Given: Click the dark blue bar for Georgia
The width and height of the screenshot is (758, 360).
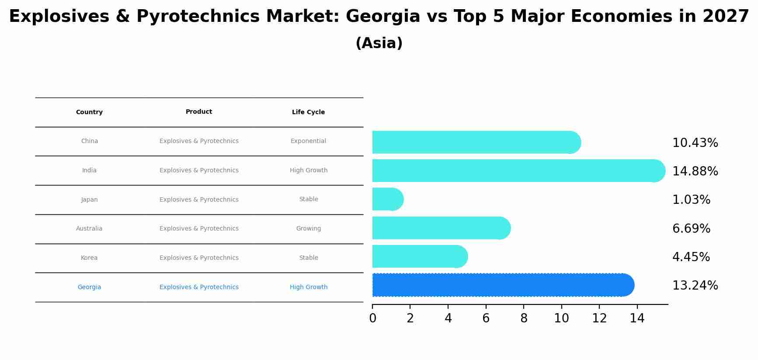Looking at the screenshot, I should click(x=503, y=285).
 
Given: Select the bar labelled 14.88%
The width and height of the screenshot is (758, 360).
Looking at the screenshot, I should click(x=518, y=171).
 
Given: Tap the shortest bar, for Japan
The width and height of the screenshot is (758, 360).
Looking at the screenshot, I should click(x=387, y=199).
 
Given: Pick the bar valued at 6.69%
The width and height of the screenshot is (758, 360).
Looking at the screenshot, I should click(x=441, y=228).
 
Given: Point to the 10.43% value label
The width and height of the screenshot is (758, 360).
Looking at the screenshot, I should click(x=695, y=143).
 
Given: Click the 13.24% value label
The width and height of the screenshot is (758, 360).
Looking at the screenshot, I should click(x=695, y=286).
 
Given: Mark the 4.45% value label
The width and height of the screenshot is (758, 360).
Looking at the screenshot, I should click(x=691, y=257).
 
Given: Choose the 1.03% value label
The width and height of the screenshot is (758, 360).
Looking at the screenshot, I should click(x=691, y=200).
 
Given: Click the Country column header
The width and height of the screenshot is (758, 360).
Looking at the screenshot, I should click(x=89, y=112).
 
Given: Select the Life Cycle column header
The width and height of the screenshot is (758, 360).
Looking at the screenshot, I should click(x=308, y=112).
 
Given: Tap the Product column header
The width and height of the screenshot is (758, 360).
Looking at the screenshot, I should click(x=199, y=112).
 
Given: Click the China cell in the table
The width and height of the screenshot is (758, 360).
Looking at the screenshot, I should click(x=90, y=141).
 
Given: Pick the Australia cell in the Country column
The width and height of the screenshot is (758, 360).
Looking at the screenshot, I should click(x=89, y=228).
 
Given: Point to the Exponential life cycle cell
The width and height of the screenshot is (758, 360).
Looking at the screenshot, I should click(x=308, y=141).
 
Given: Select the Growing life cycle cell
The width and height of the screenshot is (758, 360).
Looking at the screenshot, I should click(x=308, y=228).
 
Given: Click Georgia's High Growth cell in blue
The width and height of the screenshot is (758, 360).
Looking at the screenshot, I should click(x=308, y=287).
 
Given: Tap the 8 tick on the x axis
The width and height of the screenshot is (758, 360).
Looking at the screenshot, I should click(x=524, y=318).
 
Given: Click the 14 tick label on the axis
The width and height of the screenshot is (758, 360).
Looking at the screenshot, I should click(x=637, y=318).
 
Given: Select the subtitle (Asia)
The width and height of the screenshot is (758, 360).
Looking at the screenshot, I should click(x=379, y=43).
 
